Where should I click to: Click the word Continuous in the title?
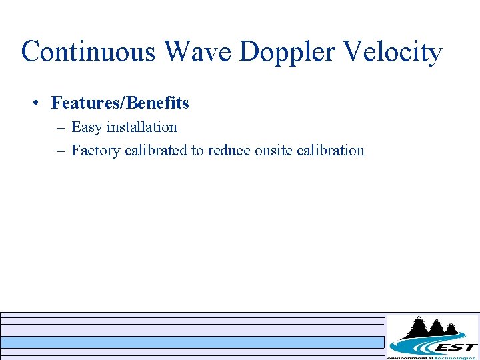pyautogui.click(x=89, y=51)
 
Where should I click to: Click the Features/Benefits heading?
pyautogui.click(x=120, y=103)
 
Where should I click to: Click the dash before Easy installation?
pyautogui.click(x=60, y=127)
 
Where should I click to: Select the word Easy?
pyautogui.click(x=87, y=127)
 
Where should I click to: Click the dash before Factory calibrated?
pyautogui.click(x=60, y=151)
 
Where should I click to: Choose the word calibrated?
pyautogui.click(x=156, y=150)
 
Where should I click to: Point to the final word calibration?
pyautogui.click(x=331, y=150)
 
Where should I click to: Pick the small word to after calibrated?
pyautogui.click(x=197, y=151)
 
